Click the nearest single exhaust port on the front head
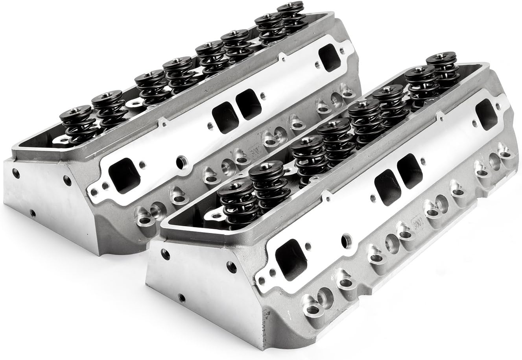click(x=289, y=258)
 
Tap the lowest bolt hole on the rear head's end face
click(x=33, y=213)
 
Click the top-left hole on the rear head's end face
click(x=15, y=172)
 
